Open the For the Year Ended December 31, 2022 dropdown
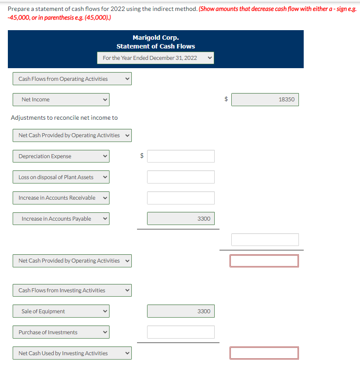[155, 58]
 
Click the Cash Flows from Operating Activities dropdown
[72, 79]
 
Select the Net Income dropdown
[61, 100]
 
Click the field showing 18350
[265, 100]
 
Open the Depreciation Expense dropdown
[61, 156]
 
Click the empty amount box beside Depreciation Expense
[181, 156]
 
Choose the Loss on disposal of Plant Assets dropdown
[61, 177]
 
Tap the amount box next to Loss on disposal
[181, 177]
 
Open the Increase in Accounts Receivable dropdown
[61, 198]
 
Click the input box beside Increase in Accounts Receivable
[181, 198]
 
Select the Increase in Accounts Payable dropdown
[61, 218]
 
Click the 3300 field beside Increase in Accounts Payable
[181, 218]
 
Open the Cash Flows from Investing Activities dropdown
[72, 290]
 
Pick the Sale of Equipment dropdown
[61, 311]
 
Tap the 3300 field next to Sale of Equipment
[181, 311]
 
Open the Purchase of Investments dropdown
[61, 332]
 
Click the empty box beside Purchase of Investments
[181, 332]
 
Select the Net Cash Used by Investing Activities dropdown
[72, 353]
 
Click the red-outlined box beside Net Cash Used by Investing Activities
[264, 353]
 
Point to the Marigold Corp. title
[155, 38]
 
